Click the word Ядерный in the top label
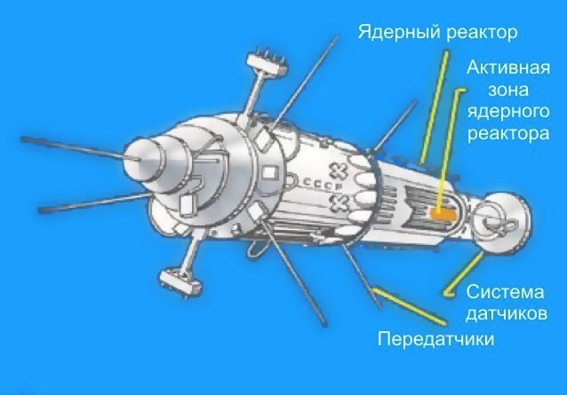click(x=399, y=33)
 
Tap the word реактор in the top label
click(x=482, y=33)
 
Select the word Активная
click(x=508, y=67)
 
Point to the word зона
click(x=508, y=90)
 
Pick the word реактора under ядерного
click(x=508, y=134)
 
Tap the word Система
click(x=505, y=292)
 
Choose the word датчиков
click(x=507, y=314)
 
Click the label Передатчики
click(x=435, y=339)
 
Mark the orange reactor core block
click(x=442, y=214)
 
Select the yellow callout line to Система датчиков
click(x=464, y=274)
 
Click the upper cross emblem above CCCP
click(x=338, y=170)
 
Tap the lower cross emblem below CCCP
click(x=340, y=203)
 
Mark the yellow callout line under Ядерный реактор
click(x=434, y=107)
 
